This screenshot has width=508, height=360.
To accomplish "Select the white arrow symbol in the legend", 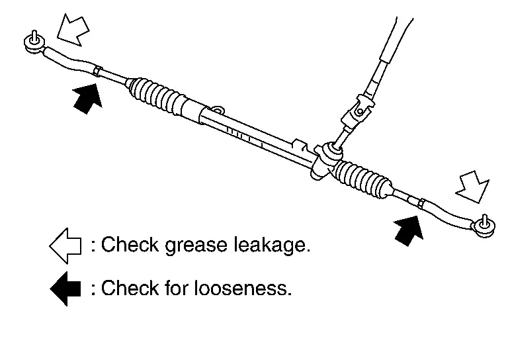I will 65,246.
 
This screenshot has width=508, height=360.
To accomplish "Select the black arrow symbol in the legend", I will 65,289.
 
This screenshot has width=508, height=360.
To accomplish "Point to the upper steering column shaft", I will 390,40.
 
